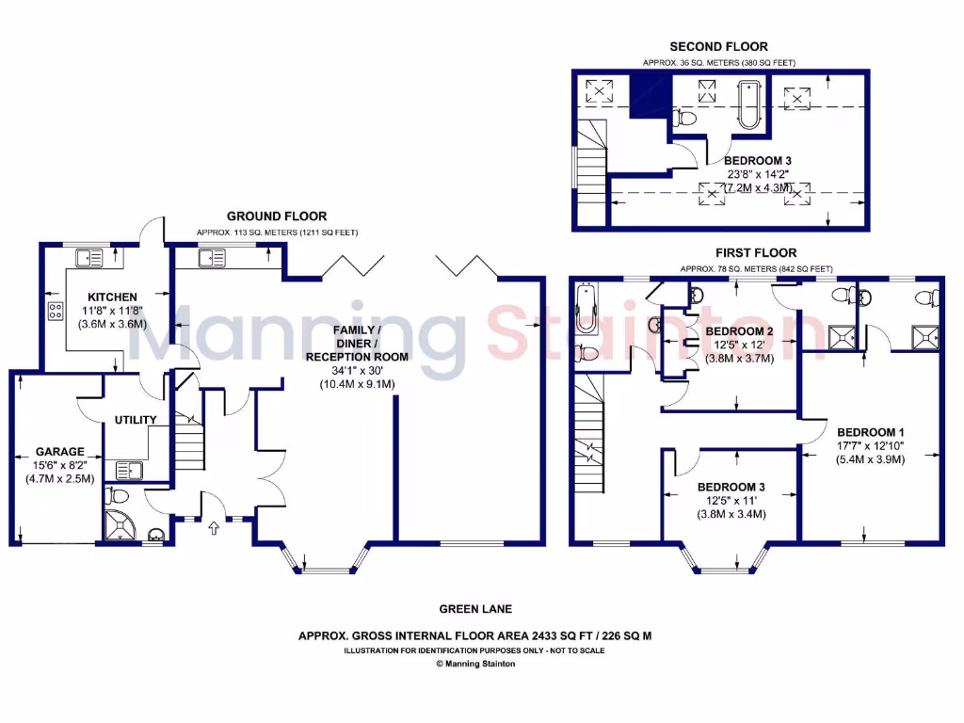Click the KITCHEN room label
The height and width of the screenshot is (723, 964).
112,297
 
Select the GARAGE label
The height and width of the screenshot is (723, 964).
60,451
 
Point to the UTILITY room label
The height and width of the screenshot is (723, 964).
136,420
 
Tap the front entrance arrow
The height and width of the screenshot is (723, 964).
213,528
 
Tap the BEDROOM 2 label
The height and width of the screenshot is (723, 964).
739,331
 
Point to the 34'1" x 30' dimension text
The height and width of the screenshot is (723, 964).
357,371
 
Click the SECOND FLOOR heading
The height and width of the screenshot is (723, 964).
718,46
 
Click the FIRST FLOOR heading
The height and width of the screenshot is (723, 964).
756,252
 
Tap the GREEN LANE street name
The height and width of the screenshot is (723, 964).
475,609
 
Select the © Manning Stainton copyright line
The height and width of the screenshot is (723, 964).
475,664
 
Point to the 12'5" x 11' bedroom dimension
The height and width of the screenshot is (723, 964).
731,501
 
